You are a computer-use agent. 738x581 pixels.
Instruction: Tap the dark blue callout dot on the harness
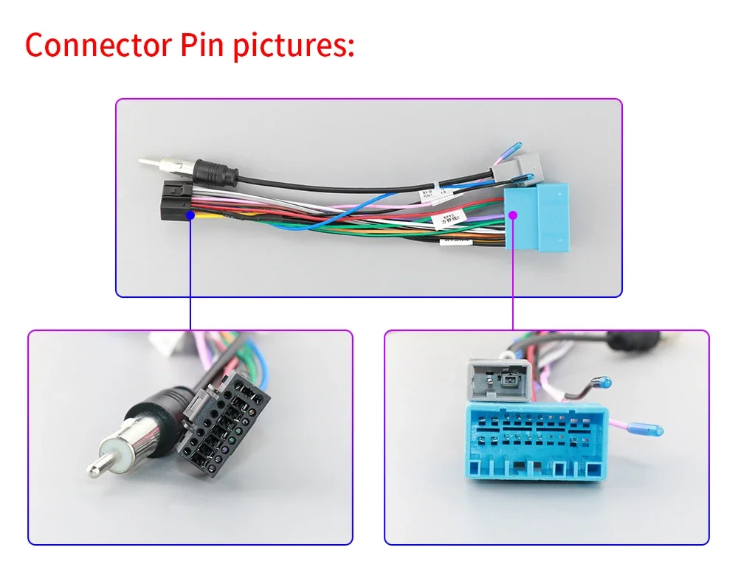(190, 215)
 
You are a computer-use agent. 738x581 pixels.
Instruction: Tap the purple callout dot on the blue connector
(513, 215)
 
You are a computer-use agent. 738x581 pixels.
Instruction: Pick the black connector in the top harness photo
(172, 202)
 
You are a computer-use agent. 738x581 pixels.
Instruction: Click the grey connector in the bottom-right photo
(497, 380)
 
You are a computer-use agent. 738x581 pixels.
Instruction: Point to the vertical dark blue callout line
(190, 273)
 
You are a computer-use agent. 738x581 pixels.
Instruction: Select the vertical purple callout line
(513, 273)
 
